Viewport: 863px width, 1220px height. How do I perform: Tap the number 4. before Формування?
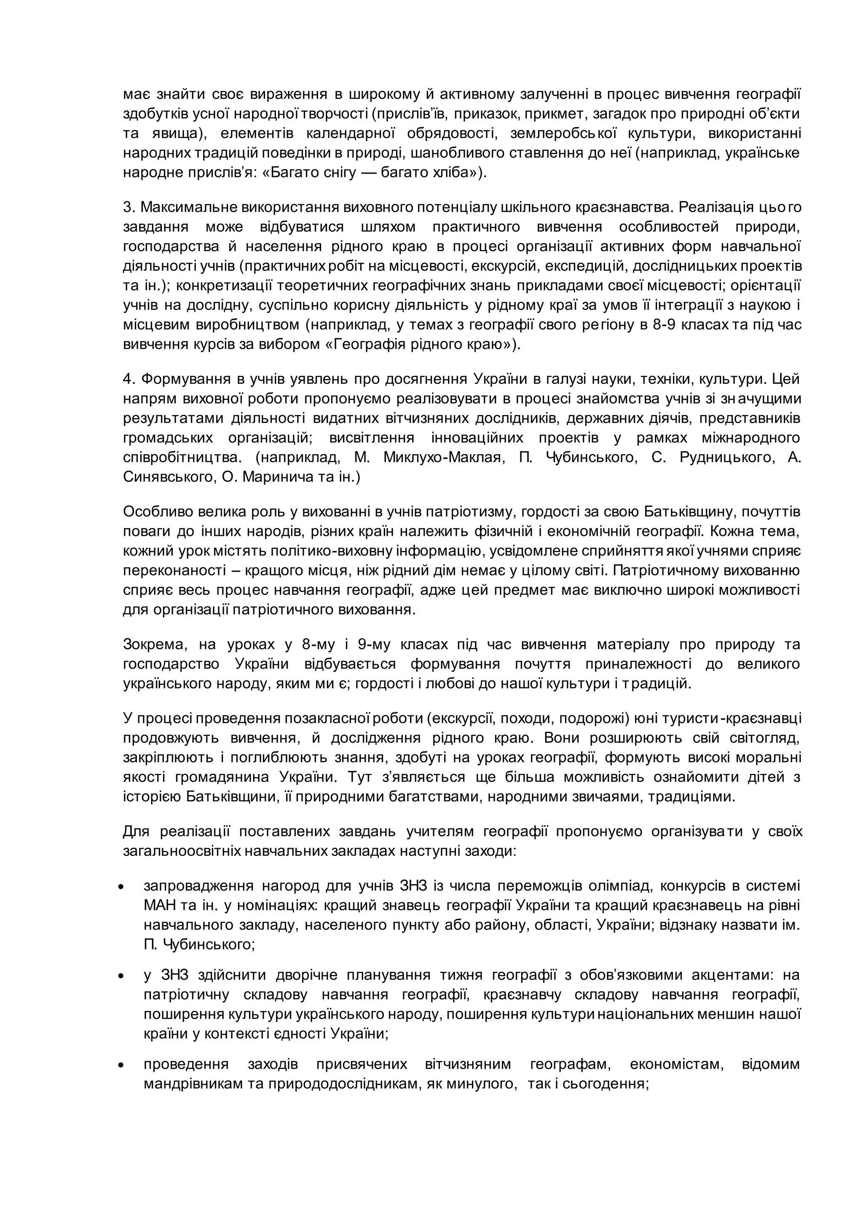[x=130, y=380]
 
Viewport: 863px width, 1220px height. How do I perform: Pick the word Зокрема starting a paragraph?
[x=155, y=645]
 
